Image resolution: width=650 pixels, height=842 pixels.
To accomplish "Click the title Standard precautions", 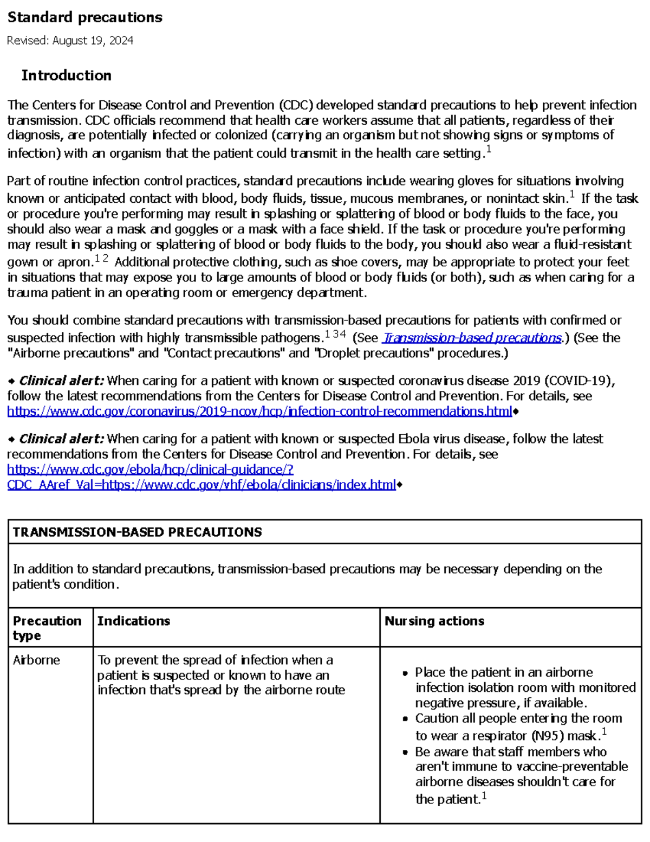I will point(84,17).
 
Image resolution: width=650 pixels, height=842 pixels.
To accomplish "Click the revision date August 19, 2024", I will point(93,41).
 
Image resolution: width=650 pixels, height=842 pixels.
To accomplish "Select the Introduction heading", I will point(66,75).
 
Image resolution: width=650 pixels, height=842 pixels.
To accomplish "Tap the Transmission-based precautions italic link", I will point(472,338).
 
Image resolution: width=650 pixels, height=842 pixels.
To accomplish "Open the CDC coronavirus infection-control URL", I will point(259,412).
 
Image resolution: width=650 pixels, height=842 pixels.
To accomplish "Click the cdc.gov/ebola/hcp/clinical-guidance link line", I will point(150,470).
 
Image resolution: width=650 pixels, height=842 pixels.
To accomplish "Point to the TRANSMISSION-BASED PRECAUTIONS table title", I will point(137,532).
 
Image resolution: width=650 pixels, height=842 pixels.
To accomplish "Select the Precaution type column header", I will point(47,628).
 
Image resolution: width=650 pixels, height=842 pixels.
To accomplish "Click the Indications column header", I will point(133,621).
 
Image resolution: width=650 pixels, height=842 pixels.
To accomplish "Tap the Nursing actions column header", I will point(434,621).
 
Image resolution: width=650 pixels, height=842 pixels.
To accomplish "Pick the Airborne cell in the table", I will point(36,660).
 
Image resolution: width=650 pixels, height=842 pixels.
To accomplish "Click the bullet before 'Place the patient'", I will point(405,673).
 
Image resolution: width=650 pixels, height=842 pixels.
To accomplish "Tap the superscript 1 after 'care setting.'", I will point(489,151).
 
